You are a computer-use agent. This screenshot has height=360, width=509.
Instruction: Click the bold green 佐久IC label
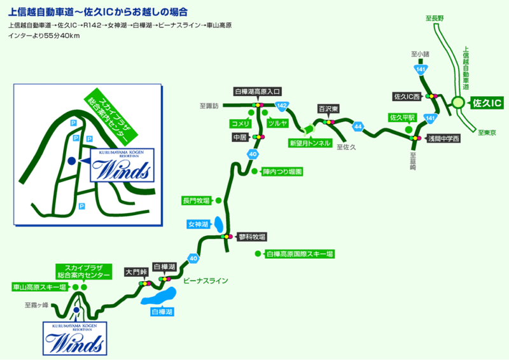487,102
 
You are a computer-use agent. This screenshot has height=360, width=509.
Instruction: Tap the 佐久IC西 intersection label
408,97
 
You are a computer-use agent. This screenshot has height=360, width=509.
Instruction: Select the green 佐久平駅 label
402,118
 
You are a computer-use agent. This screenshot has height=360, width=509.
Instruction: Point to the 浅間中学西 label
443,137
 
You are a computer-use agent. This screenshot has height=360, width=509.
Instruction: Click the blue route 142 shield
282,105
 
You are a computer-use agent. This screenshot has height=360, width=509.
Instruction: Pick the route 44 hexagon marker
359,127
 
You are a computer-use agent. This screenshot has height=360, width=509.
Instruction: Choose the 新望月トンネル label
310,143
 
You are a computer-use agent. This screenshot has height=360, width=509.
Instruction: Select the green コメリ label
242,123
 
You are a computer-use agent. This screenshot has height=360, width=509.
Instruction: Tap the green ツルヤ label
277,123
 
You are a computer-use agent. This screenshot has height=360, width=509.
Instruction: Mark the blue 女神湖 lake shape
218,225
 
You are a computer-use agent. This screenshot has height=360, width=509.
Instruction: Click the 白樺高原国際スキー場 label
300,254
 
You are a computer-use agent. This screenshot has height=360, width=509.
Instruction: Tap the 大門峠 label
136,271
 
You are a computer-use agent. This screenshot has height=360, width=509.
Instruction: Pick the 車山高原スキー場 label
39,287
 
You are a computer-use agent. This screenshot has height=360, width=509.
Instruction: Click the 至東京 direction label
487,132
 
